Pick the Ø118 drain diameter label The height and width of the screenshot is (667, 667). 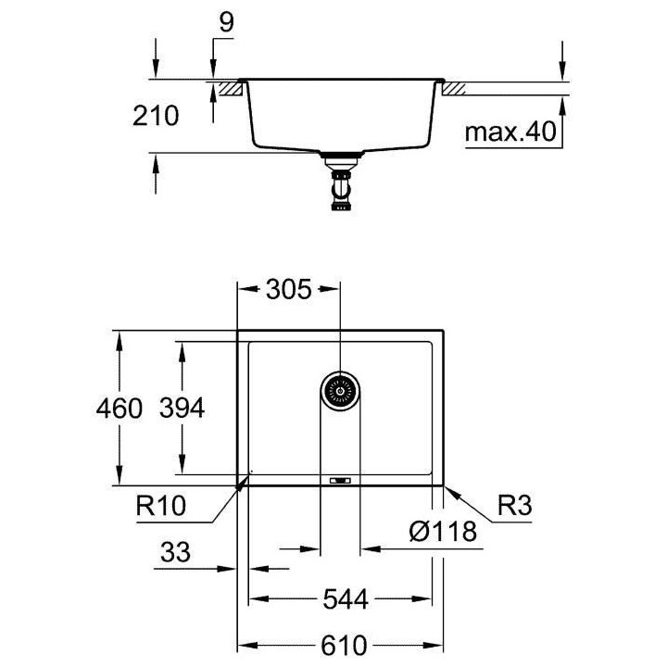[443, 532]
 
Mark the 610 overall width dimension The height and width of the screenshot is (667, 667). [342, 645]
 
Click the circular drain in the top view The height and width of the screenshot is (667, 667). [340, 392]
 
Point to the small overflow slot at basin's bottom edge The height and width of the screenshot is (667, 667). [340, 480]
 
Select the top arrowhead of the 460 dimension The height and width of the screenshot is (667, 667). [118, 337]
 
